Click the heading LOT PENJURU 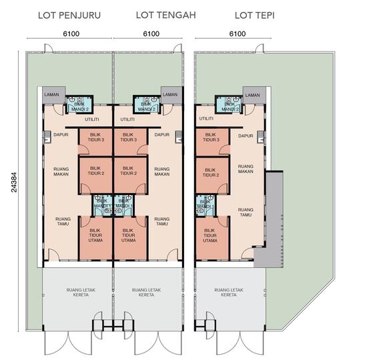[x=70, y=15]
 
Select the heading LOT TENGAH [x=165, y=15]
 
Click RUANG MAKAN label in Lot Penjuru [x=61, y=172]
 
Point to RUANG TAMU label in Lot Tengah [x=161, y=221]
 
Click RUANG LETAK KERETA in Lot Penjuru [x=79, y=292]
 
